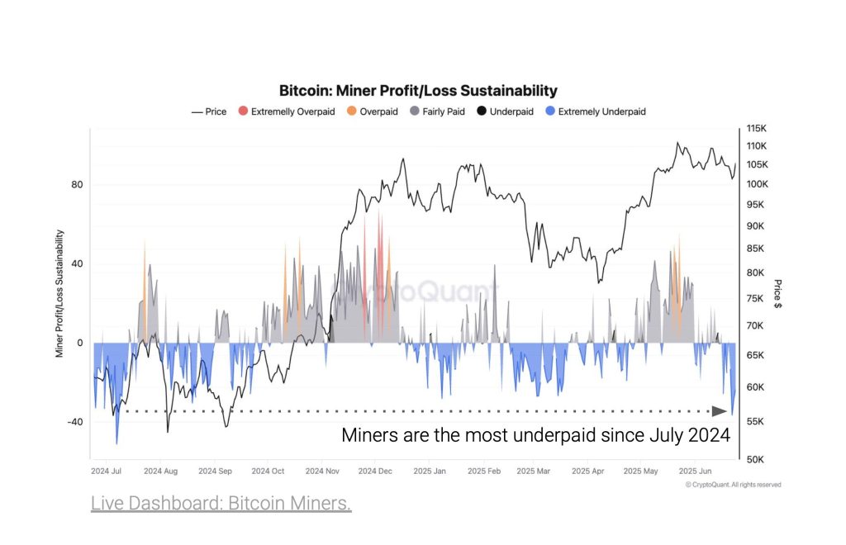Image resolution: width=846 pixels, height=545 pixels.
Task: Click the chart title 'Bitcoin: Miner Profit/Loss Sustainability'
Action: point(418,91)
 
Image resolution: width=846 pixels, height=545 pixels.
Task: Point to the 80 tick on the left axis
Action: point(77,185)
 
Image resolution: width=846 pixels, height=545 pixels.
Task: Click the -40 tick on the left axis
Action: point(74,422)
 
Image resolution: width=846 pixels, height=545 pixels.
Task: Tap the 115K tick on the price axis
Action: point(757,130)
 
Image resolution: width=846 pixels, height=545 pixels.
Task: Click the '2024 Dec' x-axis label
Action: point(375,472)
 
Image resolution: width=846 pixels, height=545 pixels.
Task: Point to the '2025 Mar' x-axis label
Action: point(533,472)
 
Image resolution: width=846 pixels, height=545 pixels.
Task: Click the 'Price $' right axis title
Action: point(777,294)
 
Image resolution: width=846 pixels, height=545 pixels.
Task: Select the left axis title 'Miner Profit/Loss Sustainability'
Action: point(59,294)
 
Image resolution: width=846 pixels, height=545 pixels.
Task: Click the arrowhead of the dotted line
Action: point(718,410)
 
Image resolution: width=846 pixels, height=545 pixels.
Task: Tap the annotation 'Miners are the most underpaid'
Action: point(536,435)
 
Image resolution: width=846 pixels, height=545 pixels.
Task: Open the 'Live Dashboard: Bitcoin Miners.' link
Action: point(221,503)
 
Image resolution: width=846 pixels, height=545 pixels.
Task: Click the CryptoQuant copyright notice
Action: point(733,485)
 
